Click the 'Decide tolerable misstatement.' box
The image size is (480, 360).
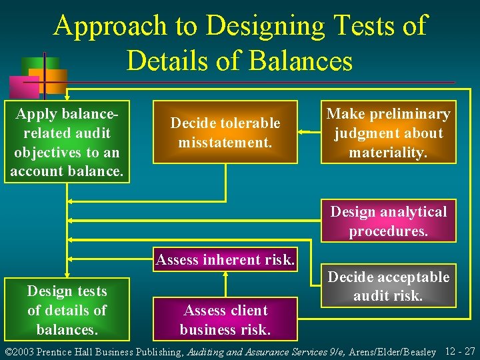(x=225, y=132)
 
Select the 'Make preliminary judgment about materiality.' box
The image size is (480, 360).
(x=388, y=132)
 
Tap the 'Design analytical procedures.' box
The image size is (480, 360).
(x=388, y=221)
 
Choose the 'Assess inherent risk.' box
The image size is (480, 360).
(x=225, y=259)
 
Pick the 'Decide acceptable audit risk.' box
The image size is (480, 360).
(x=388, y=286)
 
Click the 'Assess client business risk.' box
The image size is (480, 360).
(x=225, y=319)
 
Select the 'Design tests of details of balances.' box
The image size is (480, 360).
(x=67, y=310)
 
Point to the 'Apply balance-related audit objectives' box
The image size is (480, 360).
(x=67, y=142)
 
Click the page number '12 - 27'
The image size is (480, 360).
(x=459, y=351)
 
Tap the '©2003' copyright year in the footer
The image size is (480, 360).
(x=19, y=351)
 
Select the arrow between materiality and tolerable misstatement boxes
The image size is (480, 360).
(x=309, y=132)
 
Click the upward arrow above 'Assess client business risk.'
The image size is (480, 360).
(x=225, y=281)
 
